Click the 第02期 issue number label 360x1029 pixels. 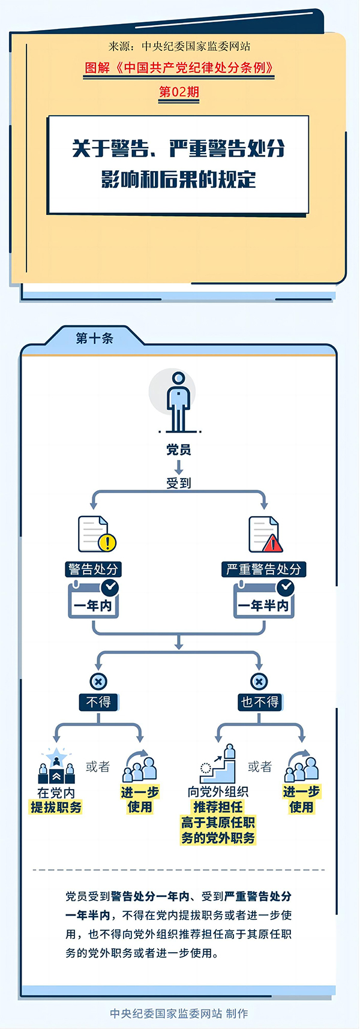[x=179, y=92]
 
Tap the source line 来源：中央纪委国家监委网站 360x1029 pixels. [x=179, y=46]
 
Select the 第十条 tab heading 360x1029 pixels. [x=95, y=338]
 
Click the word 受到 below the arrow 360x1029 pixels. [x=179, y=482]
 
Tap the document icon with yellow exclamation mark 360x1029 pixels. [x=97, y=534]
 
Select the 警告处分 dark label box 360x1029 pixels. [x=93, y=569]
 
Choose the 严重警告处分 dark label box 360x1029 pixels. [x=264, y=569]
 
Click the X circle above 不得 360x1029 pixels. [x=98, y=682]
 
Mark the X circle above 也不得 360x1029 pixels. [x=259, y=682]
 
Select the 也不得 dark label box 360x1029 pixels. [x=259, y=702]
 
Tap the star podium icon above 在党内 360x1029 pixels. [x=56, y=766]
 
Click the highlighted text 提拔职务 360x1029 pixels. [x=56, y=808]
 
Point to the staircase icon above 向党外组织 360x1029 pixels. [x=218, y=763]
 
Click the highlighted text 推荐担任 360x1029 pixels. [x=218, y=808]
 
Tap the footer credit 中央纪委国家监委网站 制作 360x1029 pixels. [x=179, y=1013]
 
